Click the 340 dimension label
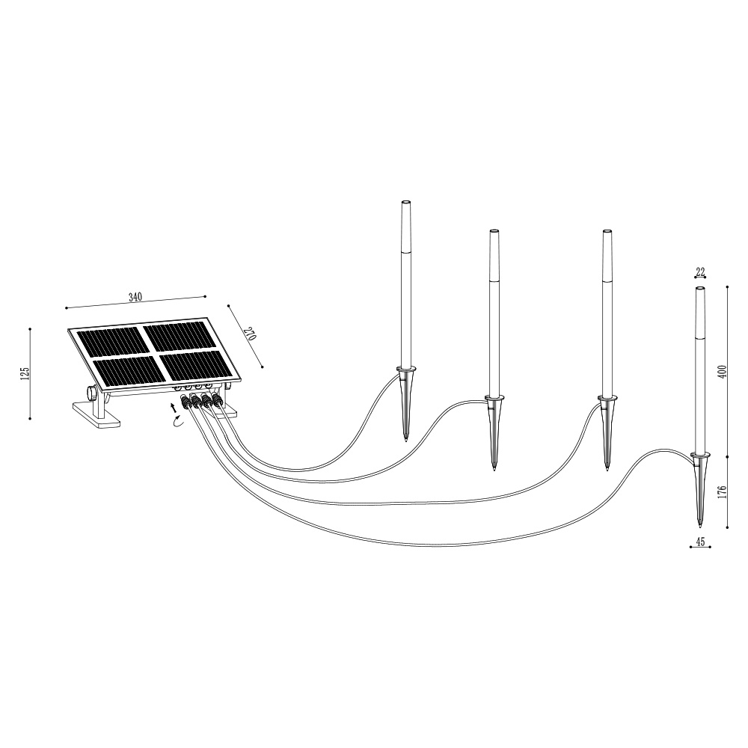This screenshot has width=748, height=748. point(135,297)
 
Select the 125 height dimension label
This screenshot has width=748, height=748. point(25,373)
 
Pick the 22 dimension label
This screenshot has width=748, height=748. point(700,273)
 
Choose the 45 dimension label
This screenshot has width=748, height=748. point(700,542)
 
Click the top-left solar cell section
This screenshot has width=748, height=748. point(114,342)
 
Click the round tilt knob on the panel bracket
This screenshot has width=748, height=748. point(91,393)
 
